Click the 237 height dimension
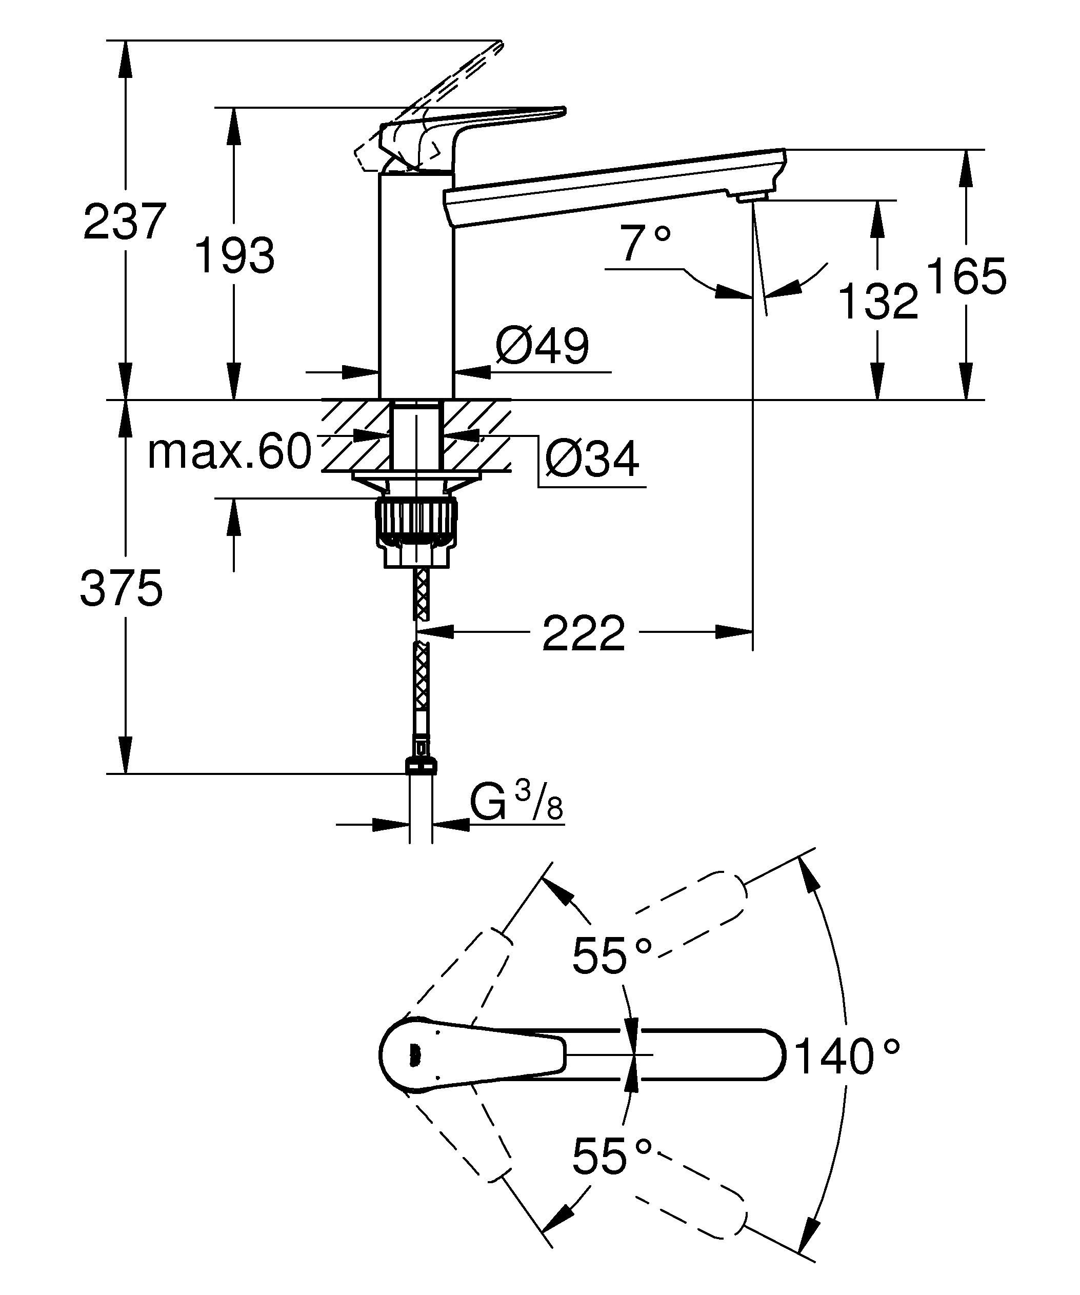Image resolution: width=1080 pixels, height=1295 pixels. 125,222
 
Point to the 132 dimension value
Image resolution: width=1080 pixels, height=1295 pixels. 878,302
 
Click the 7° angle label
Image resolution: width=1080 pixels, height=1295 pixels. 645,244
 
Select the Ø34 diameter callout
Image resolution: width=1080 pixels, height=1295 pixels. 592,460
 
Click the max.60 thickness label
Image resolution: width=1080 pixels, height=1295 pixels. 229,452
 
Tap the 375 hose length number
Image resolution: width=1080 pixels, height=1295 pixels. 122,589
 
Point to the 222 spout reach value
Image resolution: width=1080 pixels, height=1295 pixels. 583,633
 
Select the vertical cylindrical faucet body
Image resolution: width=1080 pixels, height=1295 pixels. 415,284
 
